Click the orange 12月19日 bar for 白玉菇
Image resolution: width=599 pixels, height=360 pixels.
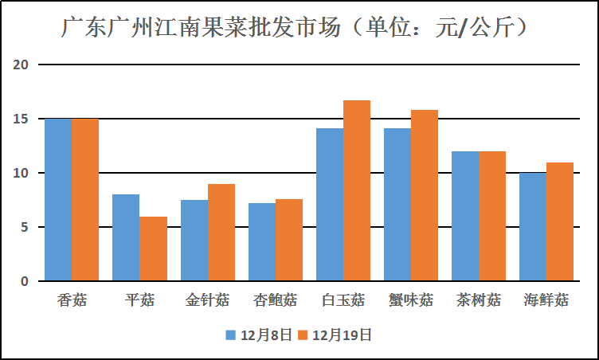tap(357, 191)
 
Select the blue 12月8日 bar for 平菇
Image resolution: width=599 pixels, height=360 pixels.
tap(126, 237)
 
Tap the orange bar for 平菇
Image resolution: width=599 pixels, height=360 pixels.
tap(153, 248)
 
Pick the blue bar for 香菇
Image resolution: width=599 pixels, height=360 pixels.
tap(57, 200)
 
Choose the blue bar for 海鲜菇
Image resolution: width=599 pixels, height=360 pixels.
tap(533, 227)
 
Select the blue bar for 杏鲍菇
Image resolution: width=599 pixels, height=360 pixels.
tap(261, 242)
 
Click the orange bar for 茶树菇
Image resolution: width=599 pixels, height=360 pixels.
tap(492, 216)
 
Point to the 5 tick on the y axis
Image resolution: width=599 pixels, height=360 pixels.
tap(24, 227)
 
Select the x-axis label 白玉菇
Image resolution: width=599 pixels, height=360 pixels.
tap(343, 300)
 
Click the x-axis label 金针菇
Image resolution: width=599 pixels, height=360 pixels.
tap(207, 300)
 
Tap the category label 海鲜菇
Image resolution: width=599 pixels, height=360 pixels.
tap(546, 300)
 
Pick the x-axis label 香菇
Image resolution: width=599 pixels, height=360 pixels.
tap(72, 300)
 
